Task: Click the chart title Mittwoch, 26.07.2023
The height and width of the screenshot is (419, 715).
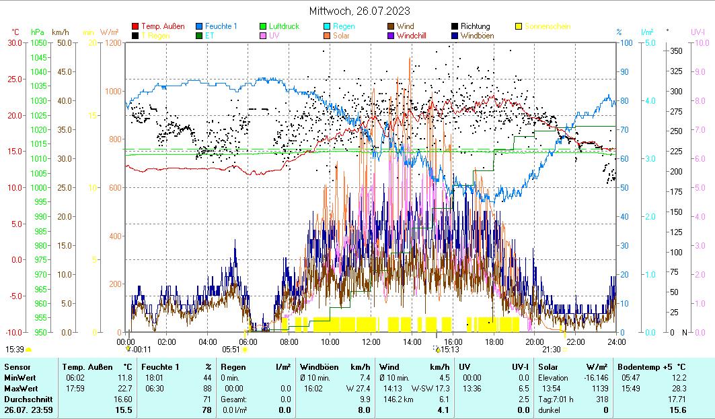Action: pyautogui.click(x=359, y=11)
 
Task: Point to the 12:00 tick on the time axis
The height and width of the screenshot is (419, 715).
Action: pyautogui.click(x=371, y=342)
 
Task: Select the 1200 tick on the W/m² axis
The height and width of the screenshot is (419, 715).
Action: pyautogui.click(x=112, y=42)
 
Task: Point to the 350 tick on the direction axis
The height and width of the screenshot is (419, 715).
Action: pyautogui.click(x=676, y=51)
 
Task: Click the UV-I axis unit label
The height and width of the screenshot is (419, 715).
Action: pyautogui.click(x=697, y=32)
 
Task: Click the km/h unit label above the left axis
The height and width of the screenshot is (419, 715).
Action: pyautogui.click(x=61, y=32)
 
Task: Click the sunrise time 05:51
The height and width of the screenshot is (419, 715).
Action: pyautogui.click(x=231, y=350)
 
